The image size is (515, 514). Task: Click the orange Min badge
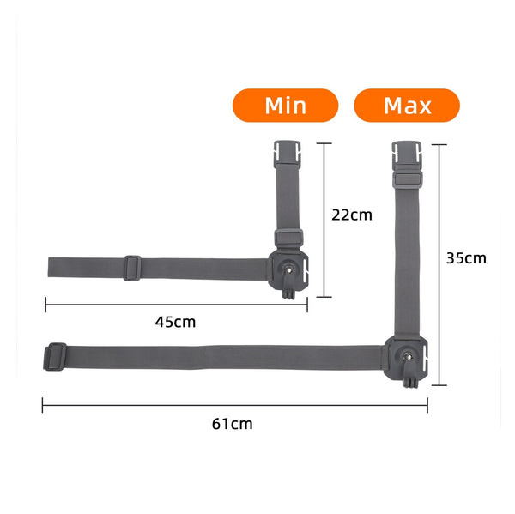coord(285,105)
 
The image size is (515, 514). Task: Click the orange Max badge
coord(407,105)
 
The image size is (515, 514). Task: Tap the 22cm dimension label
coord(352,215)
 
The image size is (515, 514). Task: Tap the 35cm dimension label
coord(466,258)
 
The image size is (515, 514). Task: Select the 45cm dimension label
coord(175,322)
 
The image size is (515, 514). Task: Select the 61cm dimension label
coord(233,424)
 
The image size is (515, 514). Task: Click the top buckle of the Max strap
coord(407,154)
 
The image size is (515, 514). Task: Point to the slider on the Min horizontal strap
coord(132,268)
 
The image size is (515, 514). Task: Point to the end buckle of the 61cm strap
coord(55,357)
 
